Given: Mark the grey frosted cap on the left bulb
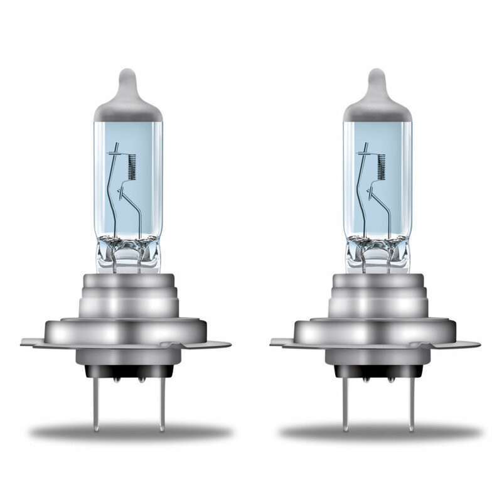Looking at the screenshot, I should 127,107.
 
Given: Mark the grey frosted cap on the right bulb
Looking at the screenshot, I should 376,107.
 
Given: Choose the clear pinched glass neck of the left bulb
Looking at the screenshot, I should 127,254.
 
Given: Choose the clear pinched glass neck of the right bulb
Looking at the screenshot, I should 377,254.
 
